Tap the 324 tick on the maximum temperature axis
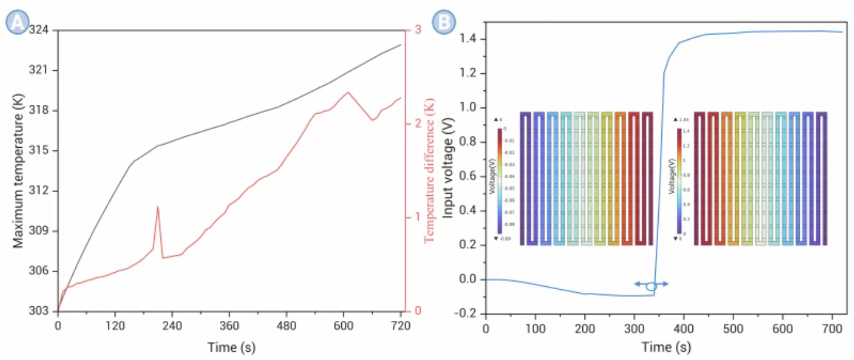click(42, 30)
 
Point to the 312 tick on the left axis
click(42, 191)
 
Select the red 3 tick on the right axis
click(418, 30)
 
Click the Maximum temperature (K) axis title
click(18, 171)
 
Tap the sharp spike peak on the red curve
click(157, 207)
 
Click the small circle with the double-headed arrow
click(651, 285)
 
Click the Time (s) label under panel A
click(231, 347)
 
